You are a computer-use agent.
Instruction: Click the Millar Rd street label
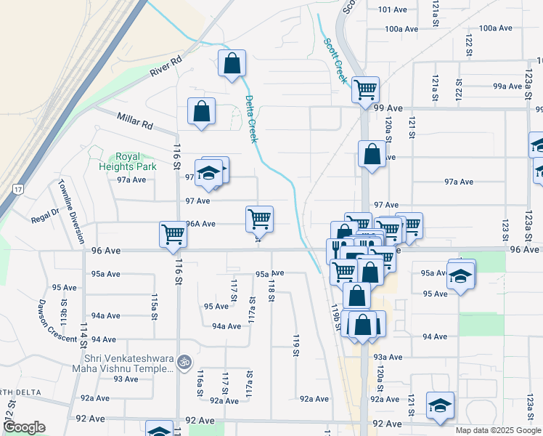pyautogui.click(x=136, y=120)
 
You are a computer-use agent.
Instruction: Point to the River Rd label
pyautogui.click(x=165, y=67)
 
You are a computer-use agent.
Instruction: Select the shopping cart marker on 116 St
pyautogui.click(x=173, y=234)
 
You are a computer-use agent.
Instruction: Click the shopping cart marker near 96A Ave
pyautogui.click(x=259, y=218)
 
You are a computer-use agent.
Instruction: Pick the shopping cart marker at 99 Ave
pyautogui.click(x=365, y=89)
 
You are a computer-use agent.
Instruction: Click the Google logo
pyautogui.click(x=24, y=427)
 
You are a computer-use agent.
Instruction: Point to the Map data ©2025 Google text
pyautogui.click(x=497, y=430)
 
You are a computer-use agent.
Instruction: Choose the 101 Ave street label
pyautogui.click(x=393, y=9)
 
